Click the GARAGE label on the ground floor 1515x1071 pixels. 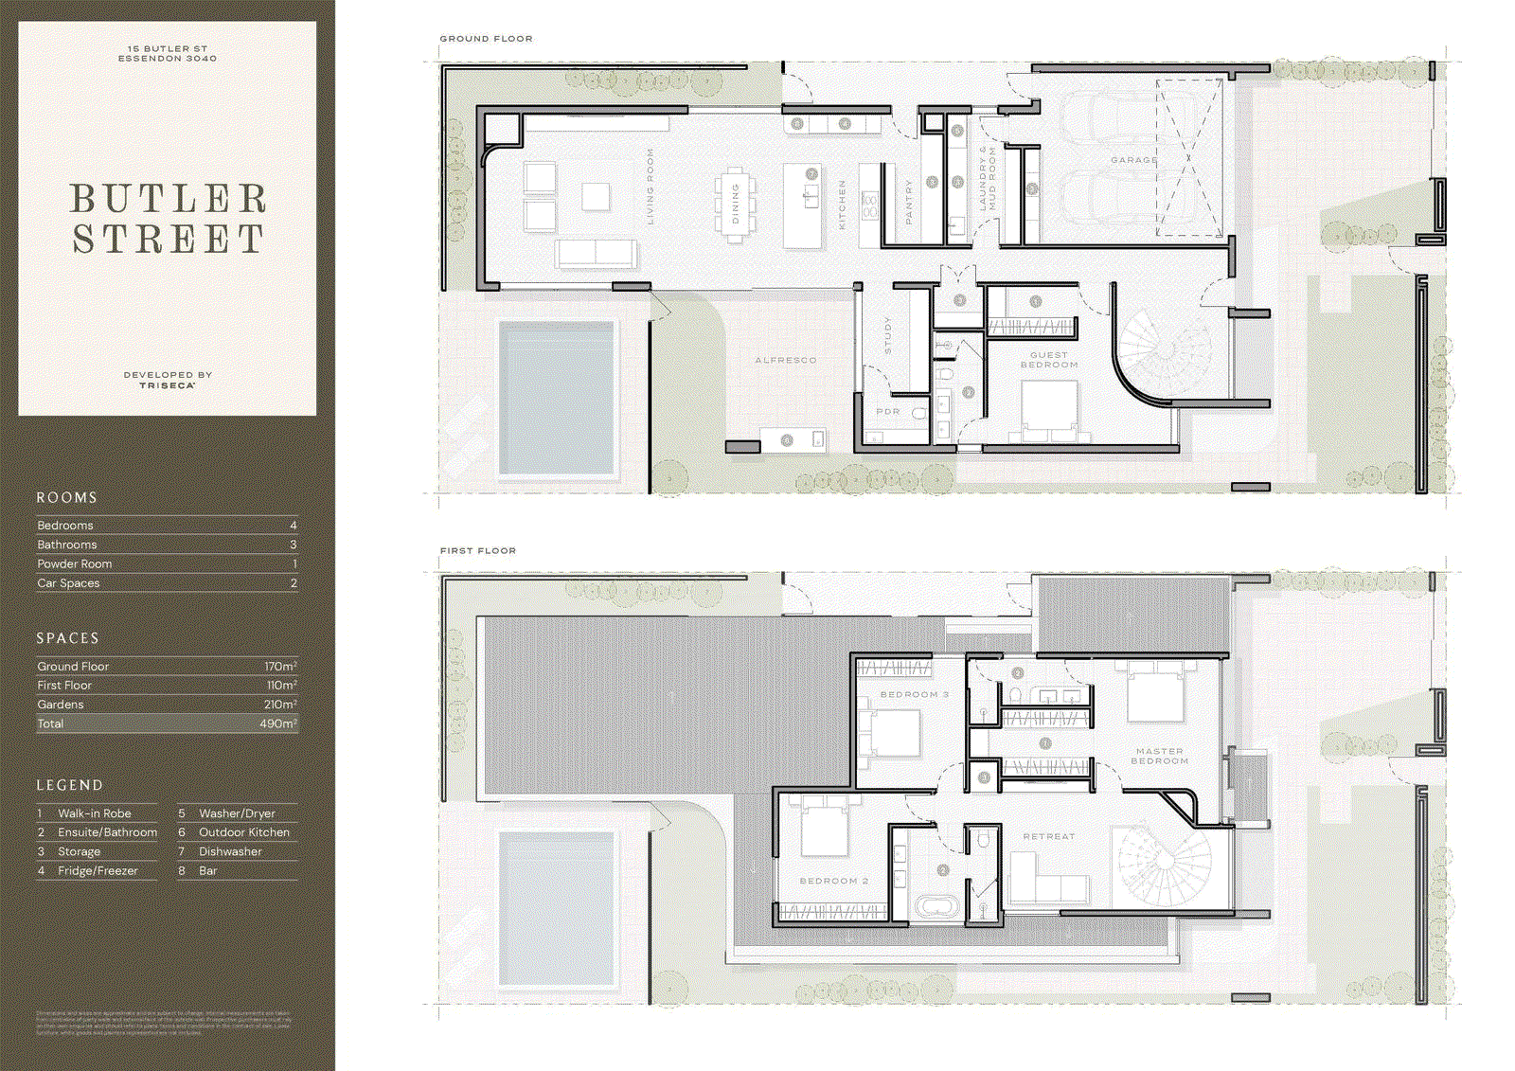(x=1134, y=160)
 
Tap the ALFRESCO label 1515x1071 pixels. (x=786, y=360)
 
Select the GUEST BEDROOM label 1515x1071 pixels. (x=1049, y=360)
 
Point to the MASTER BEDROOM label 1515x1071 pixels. (x=1160, y=756)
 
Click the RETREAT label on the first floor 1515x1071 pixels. (x=1049, y=836)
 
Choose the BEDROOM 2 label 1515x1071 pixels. (x=834, y=881)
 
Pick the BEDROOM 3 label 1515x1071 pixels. (x=915, y=694)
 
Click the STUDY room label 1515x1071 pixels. (x=887, y=335)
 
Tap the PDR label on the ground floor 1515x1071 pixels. (x=888, y=412)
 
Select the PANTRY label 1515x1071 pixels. (x=909, y=202)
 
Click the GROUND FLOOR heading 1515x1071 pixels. (x=486, y=39)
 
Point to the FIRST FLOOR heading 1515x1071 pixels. (x=478, y=550)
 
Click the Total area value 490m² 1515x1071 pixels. (x=278, y=723)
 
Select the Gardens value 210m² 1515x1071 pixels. (x=280, y=705)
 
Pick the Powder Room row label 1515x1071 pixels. (x=75, y=563)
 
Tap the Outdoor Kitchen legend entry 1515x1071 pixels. (x=244, y=832)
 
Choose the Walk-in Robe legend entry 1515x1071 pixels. (x=95, y=813)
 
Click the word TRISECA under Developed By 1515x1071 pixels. (x=168, y=385)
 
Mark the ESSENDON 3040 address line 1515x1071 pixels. (x=168, y=59)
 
